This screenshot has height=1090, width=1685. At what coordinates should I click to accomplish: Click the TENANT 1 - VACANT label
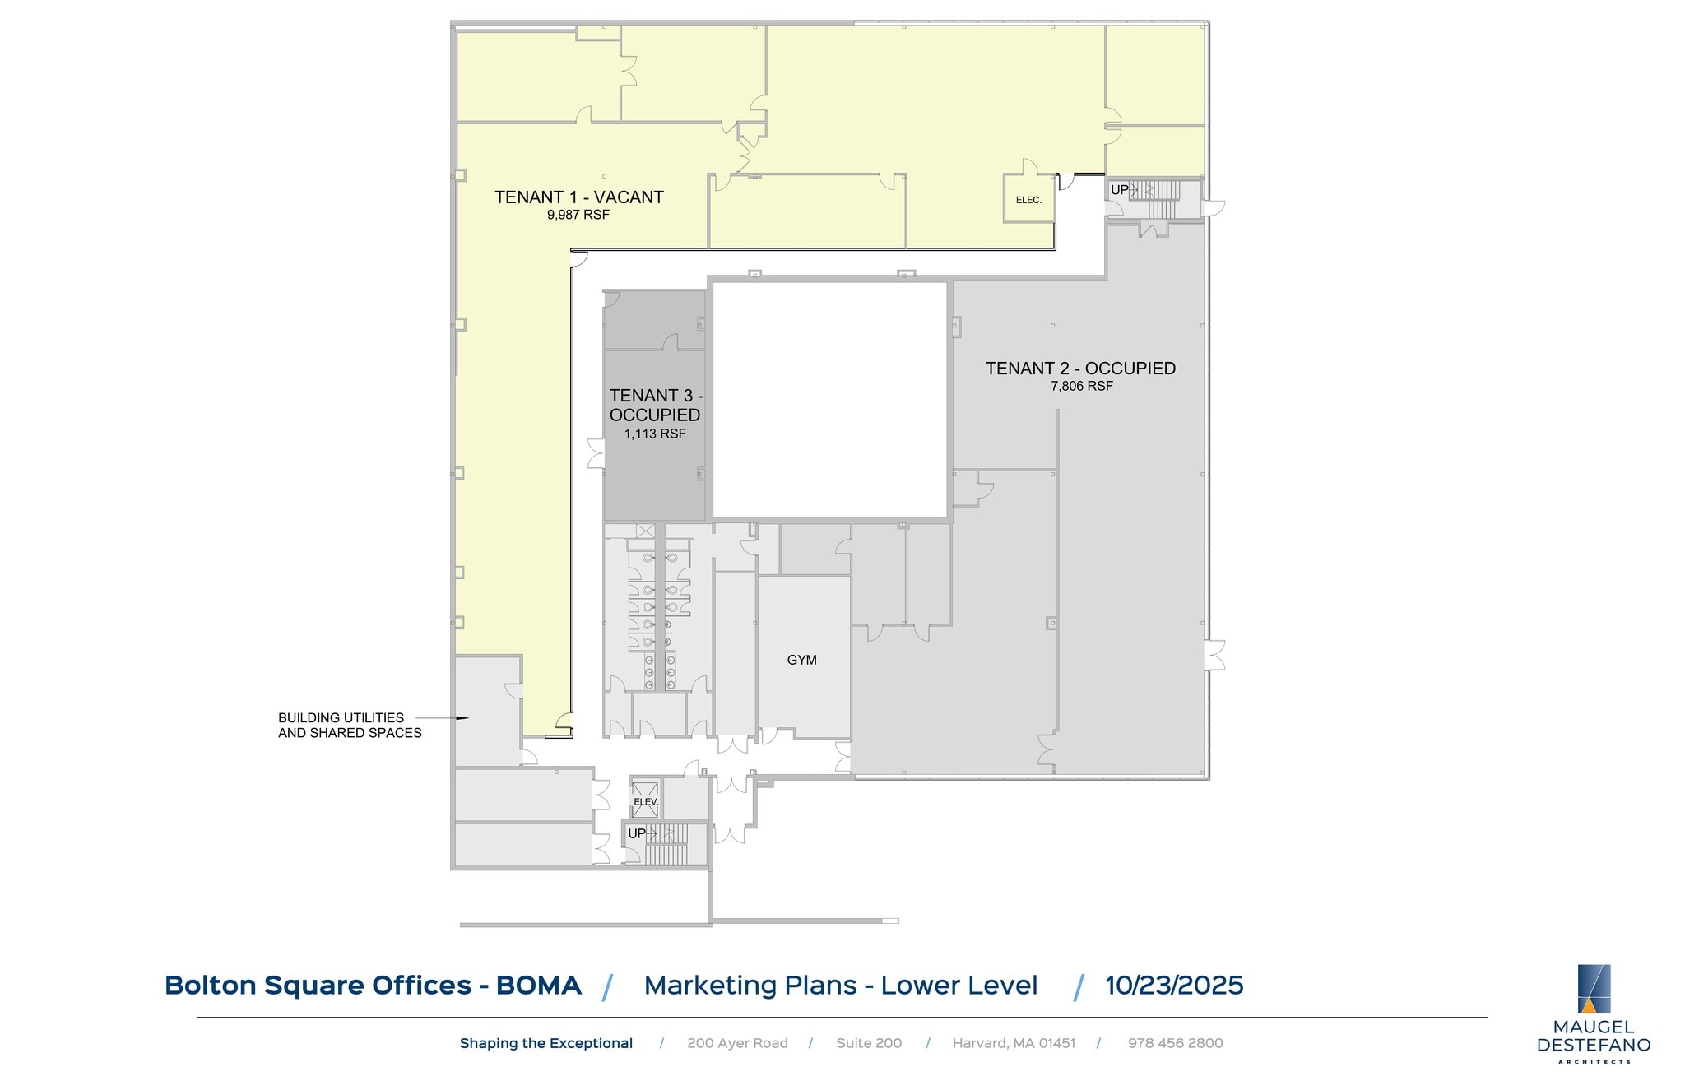[578, 197]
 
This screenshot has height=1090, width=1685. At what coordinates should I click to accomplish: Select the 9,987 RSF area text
[578, 216]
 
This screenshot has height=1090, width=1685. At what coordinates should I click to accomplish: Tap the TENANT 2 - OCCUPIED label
[1080, 369]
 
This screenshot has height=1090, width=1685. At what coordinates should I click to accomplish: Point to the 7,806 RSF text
[1081, 387]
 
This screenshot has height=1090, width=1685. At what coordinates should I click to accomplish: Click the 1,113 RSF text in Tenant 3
[654, 434]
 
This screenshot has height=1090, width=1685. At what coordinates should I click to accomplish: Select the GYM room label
[801, 660]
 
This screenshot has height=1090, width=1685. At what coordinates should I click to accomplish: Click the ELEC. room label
[1028, 201]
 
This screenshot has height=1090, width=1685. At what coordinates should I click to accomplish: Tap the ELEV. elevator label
[646, 802]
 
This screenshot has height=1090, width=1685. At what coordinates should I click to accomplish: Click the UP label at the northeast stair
[1120, 190]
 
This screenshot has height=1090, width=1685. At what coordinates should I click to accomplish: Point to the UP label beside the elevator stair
[637, 833]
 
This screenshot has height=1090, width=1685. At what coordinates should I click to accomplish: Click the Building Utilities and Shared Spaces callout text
[349, 726]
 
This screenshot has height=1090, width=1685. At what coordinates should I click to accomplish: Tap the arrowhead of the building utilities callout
[463, 718]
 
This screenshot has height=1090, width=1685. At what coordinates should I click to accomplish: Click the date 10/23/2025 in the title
[1174, 986]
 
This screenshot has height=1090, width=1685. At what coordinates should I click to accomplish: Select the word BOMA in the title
[538, 986]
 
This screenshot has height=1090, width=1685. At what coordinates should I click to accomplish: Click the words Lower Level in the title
[959, 986]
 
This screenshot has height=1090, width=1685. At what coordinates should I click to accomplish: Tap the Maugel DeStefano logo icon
[1594, 988]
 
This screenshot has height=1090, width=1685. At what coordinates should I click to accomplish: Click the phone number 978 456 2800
[1175, 1043]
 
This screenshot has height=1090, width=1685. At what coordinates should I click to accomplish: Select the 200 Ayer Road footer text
[737, 1043]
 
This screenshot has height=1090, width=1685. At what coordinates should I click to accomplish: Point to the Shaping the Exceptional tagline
[545, 1043]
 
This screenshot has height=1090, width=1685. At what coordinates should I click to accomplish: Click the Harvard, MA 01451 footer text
[1014, 1043]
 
